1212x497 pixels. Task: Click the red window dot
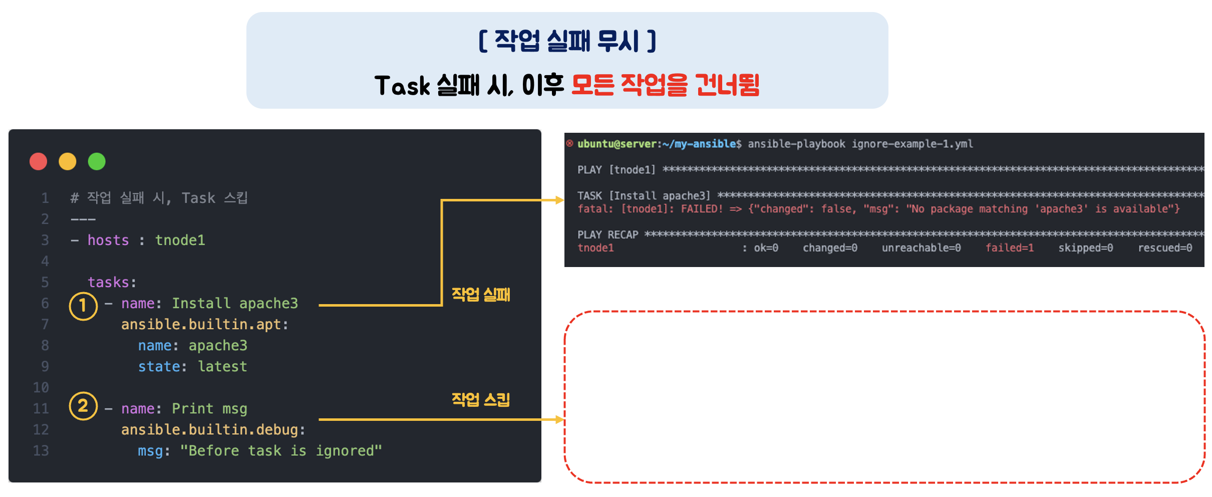pos(39,161)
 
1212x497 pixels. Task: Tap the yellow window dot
pos(68,161)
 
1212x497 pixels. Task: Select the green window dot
pos(97,161)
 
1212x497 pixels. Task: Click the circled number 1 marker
pos(83,306)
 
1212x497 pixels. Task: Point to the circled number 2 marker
pos(83,406)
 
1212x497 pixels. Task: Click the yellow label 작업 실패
pos(481,295)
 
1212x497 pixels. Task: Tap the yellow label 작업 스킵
pos(481,399)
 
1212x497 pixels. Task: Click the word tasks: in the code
pos(112,283)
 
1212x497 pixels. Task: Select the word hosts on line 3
pos(108,240)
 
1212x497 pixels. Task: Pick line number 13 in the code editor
pos(41,451)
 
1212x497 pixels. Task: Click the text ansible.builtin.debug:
pos(213,430)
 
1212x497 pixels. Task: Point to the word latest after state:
pos(222,367)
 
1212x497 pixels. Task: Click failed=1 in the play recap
pos(1009,248)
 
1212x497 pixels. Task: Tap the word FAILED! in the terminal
pos(702,209)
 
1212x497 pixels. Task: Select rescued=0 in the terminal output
pos(1165,248)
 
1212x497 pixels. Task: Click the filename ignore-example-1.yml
pos(912,144)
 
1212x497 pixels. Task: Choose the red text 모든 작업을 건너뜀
pos(665,85)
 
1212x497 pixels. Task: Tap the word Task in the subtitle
pos(402,86)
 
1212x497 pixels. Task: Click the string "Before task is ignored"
pos(281,451)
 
